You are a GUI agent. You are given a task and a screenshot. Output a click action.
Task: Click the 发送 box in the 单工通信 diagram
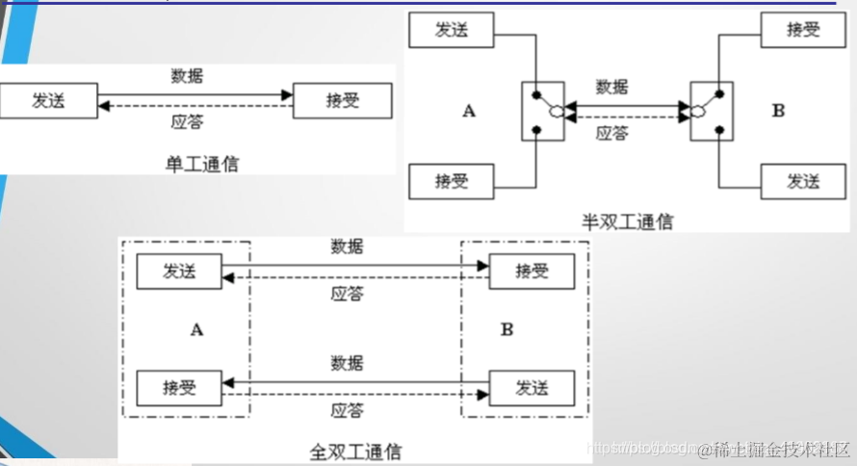point(48,100)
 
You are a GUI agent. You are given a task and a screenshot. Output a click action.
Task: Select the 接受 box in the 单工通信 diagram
point(342,100)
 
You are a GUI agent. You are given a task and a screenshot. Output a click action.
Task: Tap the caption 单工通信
point(202,164)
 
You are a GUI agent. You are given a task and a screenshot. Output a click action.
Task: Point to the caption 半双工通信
point(628,221)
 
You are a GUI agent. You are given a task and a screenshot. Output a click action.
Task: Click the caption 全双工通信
point(355,451)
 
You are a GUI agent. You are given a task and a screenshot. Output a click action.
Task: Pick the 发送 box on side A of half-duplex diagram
point(452,30)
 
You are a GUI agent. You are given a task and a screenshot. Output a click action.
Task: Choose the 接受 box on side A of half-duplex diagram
point(452,180)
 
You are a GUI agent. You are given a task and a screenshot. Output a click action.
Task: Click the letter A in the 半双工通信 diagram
point(469,111)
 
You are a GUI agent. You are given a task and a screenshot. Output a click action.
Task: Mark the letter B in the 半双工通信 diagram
point(778,111)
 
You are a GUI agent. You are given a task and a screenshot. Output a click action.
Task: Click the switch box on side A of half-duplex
point(544,112)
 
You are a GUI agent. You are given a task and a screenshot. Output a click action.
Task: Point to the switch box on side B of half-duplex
point(713,112)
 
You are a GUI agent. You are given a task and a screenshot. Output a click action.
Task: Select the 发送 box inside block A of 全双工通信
point(179,272)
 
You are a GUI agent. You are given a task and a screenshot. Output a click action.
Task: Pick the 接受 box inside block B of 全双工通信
point(532,272)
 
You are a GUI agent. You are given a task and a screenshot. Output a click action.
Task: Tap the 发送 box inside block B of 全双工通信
point(532,388)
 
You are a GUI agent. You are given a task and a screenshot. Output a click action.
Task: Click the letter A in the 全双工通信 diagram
point(196,329)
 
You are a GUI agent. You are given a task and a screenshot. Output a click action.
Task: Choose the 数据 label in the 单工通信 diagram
point(187,75)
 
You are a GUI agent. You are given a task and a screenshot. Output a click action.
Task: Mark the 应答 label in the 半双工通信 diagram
point(611,134)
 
